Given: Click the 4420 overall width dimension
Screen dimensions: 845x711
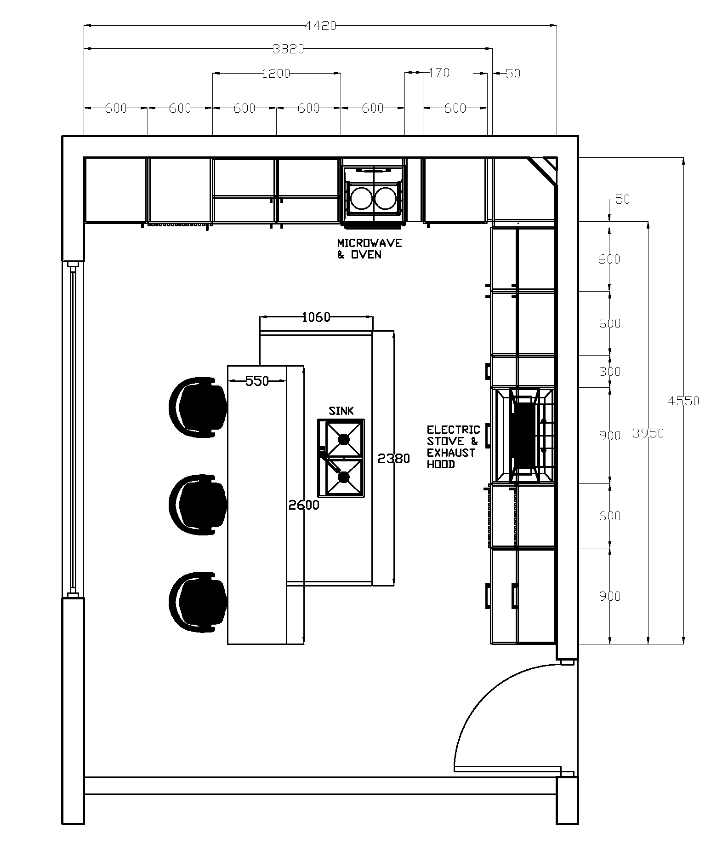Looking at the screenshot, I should pyautogui.click(x=320, y=26).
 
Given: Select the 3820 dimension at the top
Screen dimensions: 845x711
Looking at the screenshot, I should pyautogui.click(x=288, y=49).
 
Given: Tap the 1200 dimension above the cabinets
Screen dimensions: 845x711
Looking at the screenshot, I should pyautogui.click(x=276, y=74).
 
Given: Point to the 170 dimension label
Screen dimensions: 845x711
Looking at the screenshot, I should pyautogui.click(x=439, y=73).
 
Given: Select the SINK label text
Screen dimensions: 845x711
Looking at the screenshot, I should pyautogui.click(x=341, y=411).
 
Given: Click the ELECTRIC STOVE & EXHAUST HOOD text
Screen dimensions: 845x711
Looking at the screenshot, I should pyautogui.click(x=453, y=447).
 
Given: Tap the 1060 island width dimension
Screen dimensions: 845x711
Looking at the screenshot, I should pyautogui.click(x=316, y=317).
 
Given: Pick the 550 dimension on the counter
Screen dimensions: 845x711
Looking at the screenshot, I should pyautogui.click(x=257, y=381).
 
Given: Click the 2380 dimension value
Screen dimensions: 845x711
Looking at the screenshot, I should pyautogui.click(x=393, y=459).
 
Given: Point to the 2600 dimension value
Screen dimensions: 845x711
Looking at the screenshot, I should pyautogui.click(x=303, y=505).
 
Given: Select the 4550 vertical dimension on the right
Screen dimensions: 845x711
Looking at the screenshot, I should pyautogui.click(x=683, y=401).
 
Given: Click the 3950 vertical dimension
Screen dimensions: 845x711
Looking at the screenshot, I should pyautogui.click(x=648, y=433).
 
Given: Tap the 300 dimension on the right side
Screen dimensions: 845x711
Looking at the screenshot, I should pyautogui.click(x=609, y=371).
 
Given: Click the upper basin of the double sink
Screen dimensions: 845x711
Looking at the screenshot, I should pyautogui.click(x=344, y=439).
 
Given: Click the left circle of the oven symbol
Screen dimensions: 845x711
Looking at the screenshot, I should pyautogui.click(x=361, y=198).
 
